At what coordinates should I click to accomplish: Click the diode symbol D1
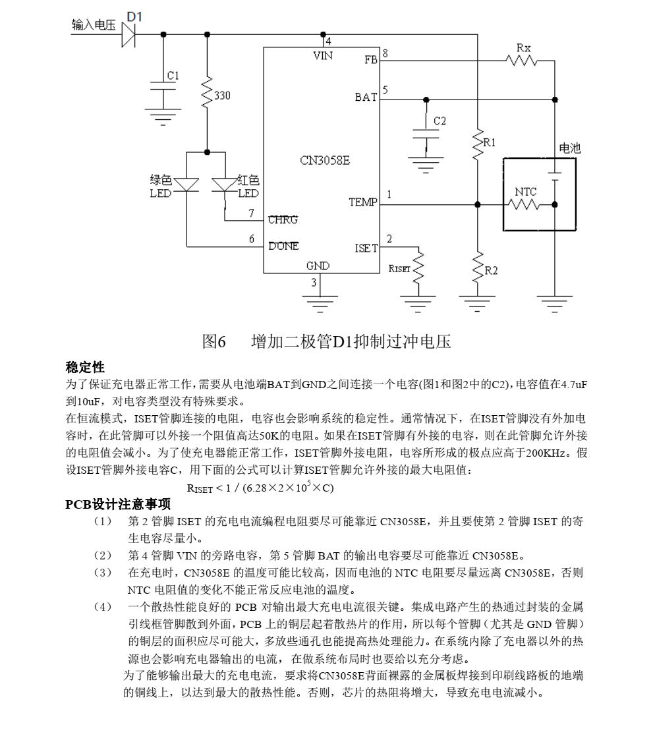tap(128, 34)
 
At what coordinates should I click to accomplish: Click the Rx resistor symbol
tap(523, 61)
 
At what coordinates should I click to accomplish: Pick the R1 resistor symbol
tap(478, 146)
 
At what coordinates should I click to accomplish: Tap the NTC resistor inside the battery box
tap(524, 205)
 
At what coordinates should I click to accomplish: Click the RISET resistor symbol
tap(417, 268)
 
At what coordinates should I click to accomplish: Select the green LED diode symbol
tap(186, 185)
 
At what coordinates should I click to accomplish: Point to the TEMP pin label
tap(362, 202)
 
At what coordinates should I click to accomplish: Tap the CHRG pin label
tap(283, 220)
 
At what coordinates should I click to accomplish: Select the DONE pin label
tap(283, 246)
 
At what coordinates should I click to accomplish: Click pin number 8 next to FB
tap(385, 53)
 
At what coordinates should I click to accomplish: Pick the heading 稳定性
tap(85, 367)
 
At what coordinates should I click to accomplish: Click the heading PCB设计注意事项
tap(118, 504)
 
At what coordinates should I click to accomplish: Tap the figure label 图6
tap(214, 341)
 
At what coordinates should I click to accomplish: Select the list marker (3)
tap(103, 572)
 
